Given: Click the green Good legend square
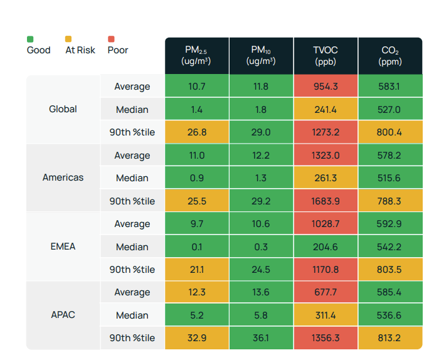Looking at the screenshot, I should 30,39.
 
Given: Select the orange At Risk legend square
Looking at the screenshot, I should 69,39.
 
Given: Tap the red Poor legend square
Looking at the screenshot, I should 111,39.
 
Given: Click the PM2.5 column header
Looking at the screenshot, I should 196,56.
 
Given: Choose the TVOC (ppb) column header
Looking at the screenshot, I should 325,56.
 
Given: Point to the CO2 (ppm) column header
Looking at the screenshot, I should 389,56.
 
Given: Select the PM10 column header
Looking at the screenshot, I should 260,56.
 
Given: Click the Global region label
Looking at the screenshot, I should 63,109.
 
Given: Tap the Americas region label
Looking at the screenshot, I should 63,177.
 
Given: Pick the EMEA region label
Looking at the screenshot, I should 63,246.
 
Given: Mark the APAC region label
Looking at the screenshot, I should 63,315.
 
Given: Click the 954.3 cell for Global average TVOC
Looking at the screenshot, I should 325,87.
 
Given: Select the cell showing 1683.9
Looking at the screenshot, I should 325,201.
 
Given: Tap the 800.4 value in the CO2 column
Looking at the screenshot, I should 389,132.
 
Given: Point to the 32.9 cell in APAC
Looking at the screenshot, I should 196,338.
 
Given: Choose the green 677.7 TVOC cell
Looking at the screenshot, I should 325,292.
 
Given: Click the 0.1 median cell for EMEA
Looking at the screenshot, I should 196,246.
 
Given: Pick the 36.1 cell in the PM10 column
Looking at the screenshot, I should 260,338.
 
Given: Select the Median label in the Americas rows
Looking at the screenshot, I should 132,178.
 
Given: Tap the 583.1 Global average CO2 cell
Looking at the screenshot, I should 389,87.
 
